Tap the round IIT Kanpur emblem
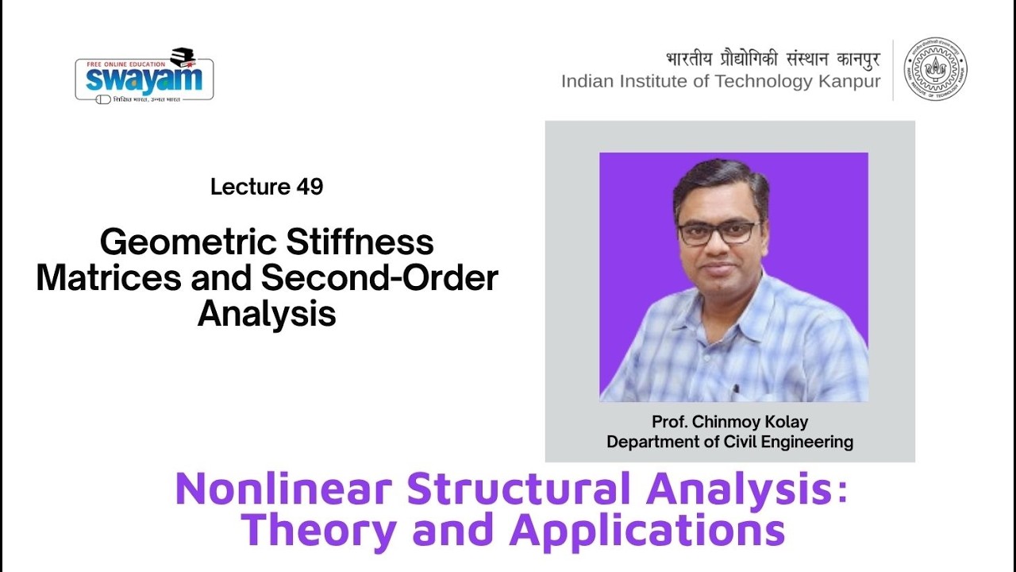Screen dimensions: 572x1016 tap(936, 69)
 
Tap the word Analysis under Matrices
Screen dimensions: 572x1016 tap(267, 314)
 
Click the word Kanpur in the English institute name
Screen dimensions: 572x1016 tap(849, 81)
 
